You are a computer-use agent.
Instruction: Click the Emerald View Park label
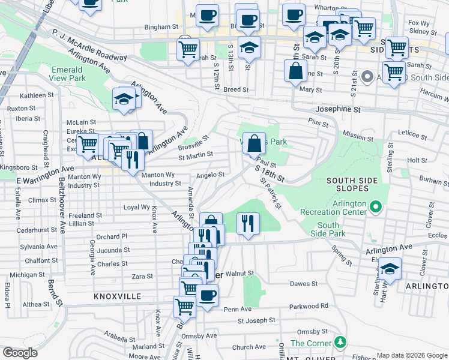point(67,74)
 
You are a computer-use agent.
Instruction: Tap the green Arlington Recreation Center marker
point(376,208)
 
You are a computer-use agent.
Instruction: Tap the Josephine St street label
point(339,110)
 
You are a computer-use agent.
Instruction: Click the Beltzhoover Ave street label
point(62,204)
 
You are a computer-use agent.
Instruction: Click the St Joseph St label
point(256,320)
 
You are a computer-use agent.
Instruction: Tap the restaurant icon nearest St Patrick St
point(248,223)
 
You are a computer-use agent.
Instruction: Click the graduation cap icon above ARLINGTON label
point(390,269)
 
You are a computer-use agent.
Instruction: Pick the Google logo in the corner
point(20,353)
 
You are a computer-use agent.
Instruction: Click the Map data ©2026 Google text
point(411,355)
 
